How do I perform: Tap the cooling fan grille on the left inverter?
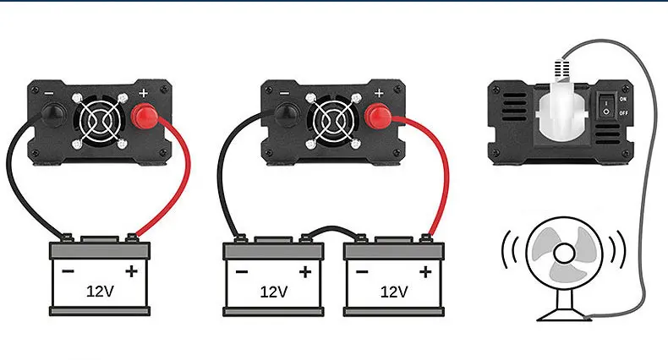click(x=100, y=117)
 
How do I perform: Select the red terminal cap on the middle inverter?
click(x=377, y=117)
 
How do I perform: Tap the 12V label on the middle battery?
click(x=273, y=292)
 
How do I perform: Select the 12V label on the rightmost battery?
click(x=394, y=292)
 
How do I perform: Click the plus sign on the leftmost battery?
click(x=131, y=271)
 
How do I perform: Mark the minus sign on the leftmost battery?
click(x=67, y=271)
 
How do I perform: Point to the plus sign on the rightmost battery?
click(x=425, y=271)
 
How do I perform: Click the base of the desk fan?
click(x=562, y=314)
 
